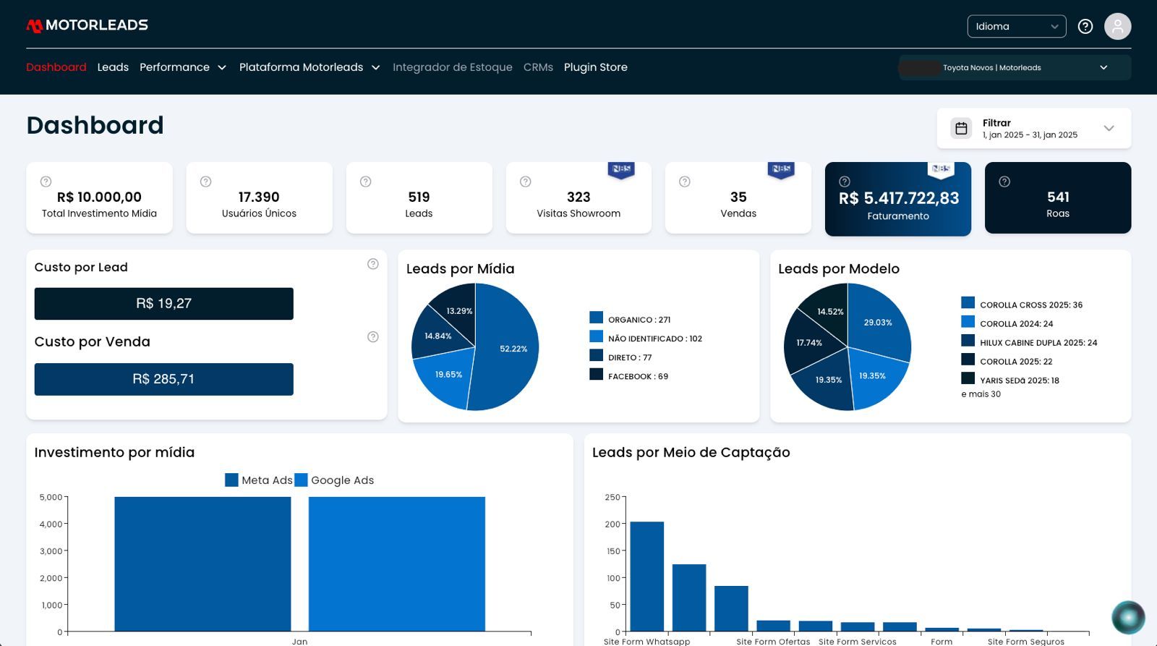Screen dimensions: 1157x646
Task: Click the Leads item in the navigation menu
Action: click(113, 67)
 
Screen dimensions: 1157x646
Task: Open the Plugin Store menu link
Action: click(596, 67)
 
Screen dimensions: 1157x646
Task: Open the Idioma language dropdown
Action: click(1017, 26)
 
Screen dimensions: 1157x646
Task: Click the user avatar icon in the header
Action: click(1117, 26)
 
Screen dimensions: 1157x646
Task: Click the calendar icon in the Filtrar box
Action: click(961, 128)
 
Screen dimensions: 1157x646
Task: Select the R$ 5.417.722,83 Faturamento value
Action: click(899, 198)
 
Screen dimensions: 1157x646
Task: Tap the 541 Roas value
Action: click(1058, 197)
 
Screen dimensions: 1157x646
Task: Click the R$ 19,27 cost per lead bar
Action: click(163, 303)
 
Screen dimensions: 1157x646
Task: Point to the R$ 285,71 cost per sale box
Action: click(163, 379)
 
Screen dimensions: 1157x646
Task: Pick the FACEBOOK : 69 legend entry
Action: click(628, 375)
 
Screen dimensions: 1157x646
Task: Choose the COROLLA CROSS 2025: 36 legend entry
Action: click(1022, 304)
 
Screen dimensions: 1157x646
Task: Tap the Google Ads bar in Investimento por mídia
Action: click(397, 564)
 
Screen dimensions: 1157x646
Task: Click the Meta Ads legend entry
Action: click(259, 480)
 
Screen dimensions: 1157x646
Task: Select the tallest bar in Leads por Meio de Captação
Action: click(646, 577)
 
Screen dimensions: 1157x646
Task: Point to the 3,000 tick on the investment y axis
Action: click(51, 551)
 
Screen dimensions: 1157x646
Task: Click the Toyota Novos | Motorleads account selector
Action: click(1015, 68)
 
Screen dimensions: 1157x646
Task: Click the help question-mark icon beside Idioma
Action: click(1085, 26)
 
